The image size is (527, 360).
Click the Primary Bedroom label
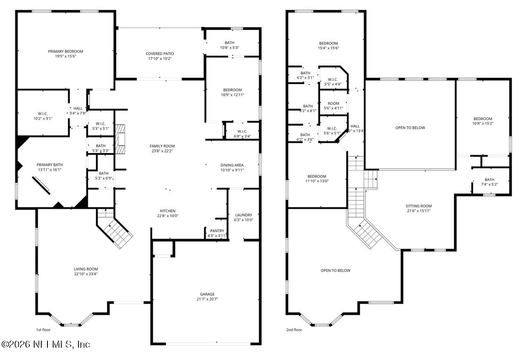coord(65,51)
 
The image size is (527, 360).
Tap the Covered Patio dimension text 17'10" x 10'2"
coord(160,58)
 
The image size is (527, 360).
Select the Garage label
coord(207,294)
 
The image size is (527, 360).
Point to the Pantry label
coord(217,231)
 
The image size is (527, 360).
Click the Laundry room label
coord(243,215)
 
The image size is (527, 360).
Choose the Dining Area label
coord(232,165)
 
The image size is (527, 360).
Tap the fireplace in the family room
coord(120,139)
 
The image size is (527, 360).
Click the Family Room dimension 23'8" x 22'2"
coord(162,151)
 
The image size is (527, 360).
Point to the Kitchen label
coord(168,211)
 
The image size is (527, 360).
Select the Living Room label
coord(86,269)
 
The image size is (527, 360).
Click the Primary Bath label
coord(50,165)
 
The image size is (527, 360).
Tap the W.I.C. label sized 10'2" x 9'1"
coord(43,114)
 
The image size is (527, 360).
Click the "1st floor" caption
coord(43,330)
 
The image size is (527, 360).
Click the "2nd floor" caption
coord(294,330)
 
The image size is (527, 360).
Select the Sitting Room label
coord(419,206)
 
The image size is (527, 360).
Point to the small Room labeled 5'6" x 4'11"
coord(333,103)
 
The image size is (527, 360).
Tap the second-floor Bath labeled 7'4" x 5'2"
coord(489,180)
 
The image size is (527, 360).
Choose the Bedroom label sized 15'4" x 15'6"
coord(328,44)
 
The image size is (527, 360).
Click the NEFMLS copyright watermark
coord(45,345)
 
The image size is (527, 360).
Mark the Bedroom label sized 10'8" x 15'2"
coord(483,119)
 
